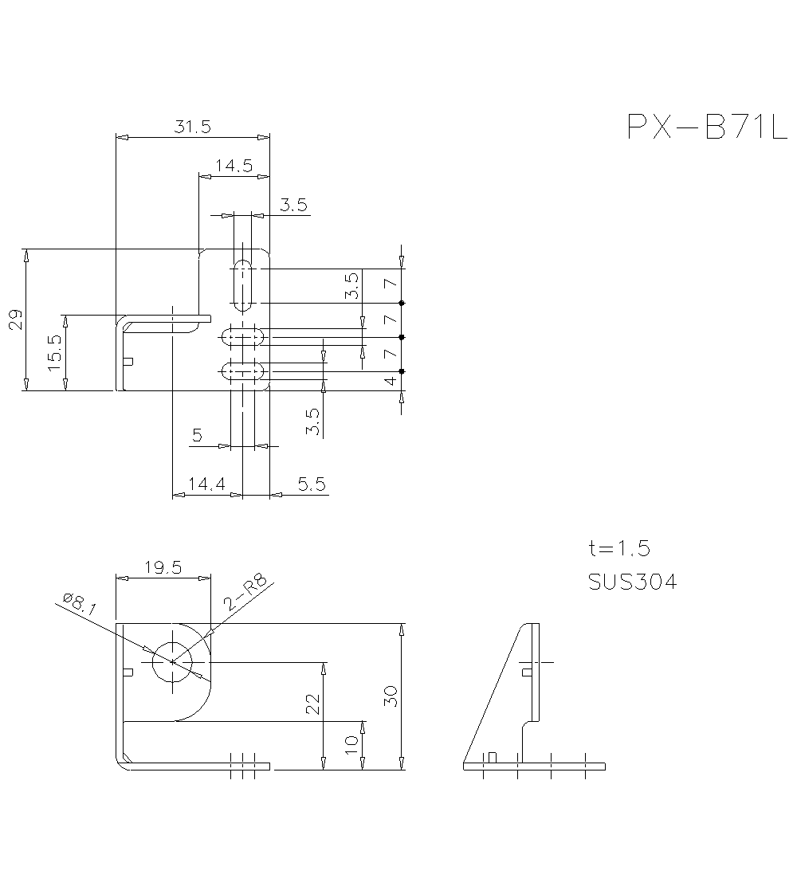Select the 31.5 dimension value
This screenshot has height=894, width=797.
tap(192, 126)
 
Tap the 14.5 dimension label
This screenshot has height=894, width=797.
tap(234, 166)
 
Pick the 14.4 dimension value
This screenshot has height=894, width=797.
tap(206, 484)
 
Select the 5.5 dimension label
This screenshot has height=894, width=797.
tap(311, 484)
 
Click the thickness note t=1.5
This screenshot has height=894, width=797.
tap(619, 548)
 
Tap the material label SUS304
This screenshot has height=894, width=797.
tap(632, 582)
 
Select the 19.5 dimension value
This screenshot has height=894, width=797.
tap(163, 567)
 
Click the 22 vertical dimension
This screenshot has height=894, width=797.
tap(312, 703)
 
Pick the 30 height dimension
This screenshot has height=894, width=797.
tap(390, 697)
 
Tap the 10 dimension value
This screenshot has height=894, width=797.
tap(351, 745)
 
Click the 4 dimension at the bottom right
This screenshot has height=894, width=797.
tap(390, 382)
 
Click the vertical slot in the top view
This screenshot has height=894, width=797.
tap(242, 284)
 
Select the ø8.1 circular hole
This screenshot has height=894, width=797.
tap(173, 661)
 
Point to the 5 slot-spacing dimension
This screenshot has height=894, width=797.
tap(197, 435)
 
